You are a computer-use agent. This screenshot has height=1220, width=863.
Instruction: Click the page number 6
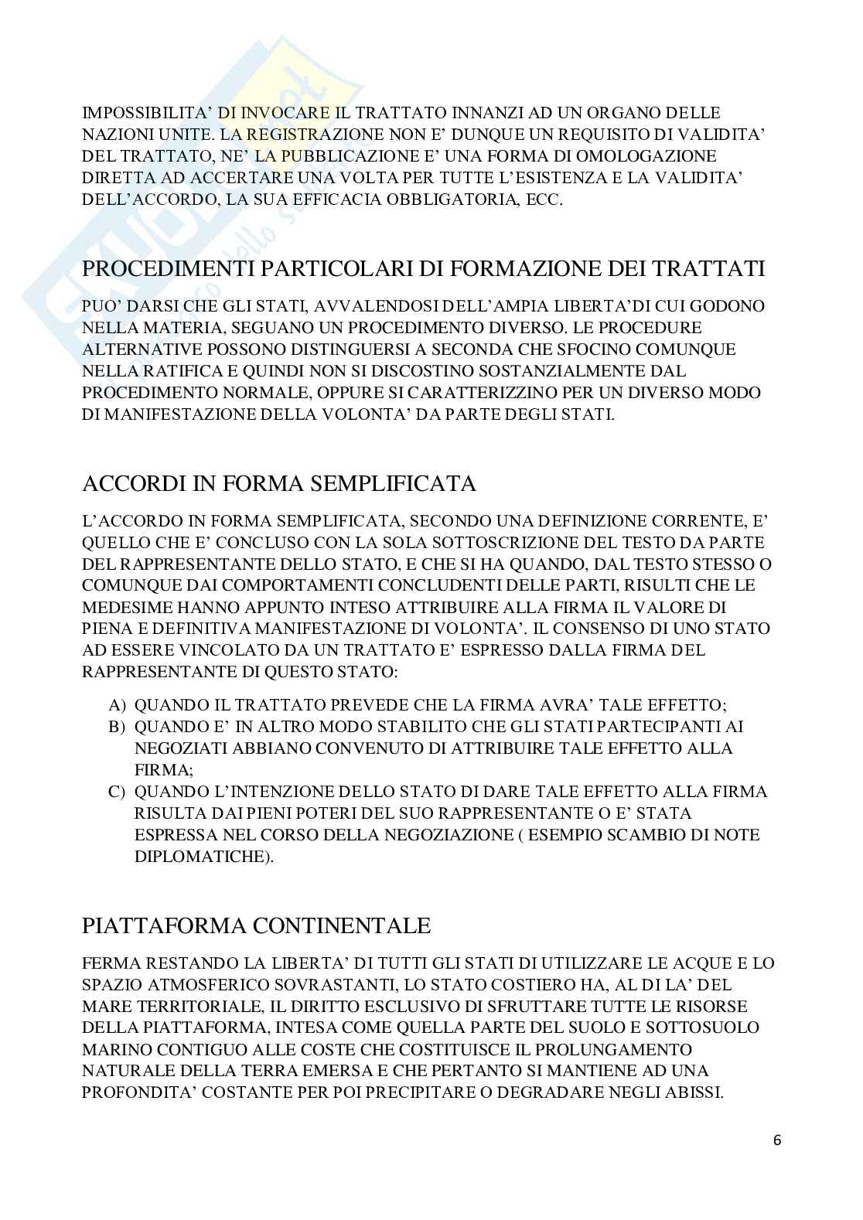tap(777, 1140)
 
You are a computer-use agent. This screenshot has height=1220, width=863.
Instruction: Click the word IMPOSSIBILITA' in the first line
tap(147, 112)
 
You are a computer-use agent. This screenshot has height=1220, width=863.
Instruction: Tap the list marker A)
tap(117, 706)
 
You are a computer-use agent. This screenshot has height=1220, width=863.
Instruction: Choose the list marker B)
tap(117, 728)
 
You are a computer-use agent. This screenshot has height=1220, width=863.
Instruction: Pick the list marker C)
tap(117, 792)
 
